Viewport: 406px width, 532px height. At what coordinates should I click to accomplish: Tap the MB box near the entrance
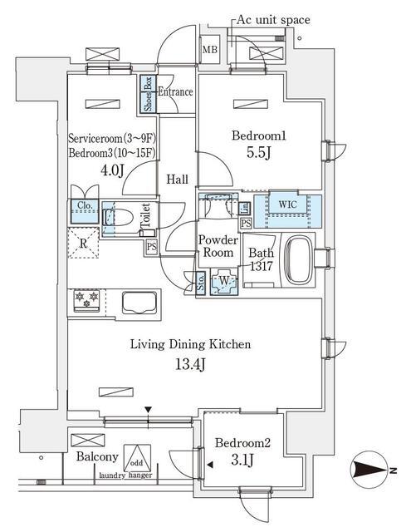click(x=210, y=51)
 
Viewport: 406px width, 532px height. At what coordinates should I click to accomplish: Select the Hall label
click(x=176, y=180)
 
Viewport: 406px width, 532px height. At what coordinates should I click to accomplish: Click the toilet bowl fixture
click(x=120, y=219)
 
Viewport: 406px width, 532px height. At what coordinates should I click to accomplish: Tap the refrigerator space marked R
click(x=84, y=244)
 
